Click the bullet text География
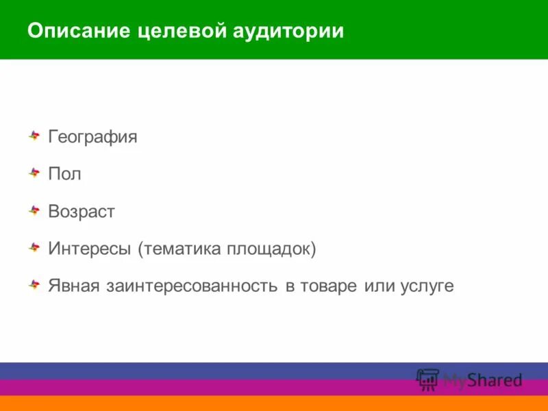coord(92,137)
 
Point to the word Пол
coord(64,174)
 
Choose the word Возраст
coord(81,212)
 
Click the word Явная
coord(74,286)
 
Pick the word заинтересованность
coord(192,286)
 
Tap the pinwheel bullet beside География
coord(34,136)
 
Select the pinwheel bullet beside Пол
coord(34,173)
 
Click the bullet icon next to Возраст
coord(34,210)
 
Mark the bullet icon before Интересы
coord(34,247)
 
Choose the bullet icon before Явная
coord(34,284)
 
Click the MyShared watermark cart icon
coord(427,379)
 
